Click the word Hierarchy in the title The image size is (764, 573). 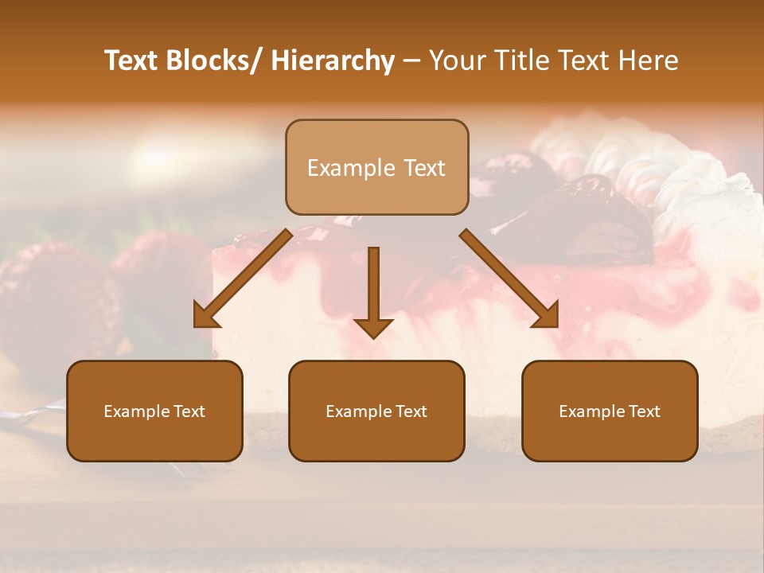click(x=333, y=60)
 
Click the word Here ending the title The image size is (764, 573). click(x=646, y=60)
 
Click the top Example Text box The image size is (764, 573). click(x=376, y=167)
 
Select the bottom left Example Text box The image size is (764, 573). click(x=154, y=411)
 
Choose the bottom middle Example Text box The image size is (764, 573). click(x=376, y=411)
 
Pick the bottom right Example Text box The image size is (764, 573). click(x=610, y=411)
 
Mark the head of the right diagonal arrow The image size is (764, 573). click(x=547, y=315)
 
